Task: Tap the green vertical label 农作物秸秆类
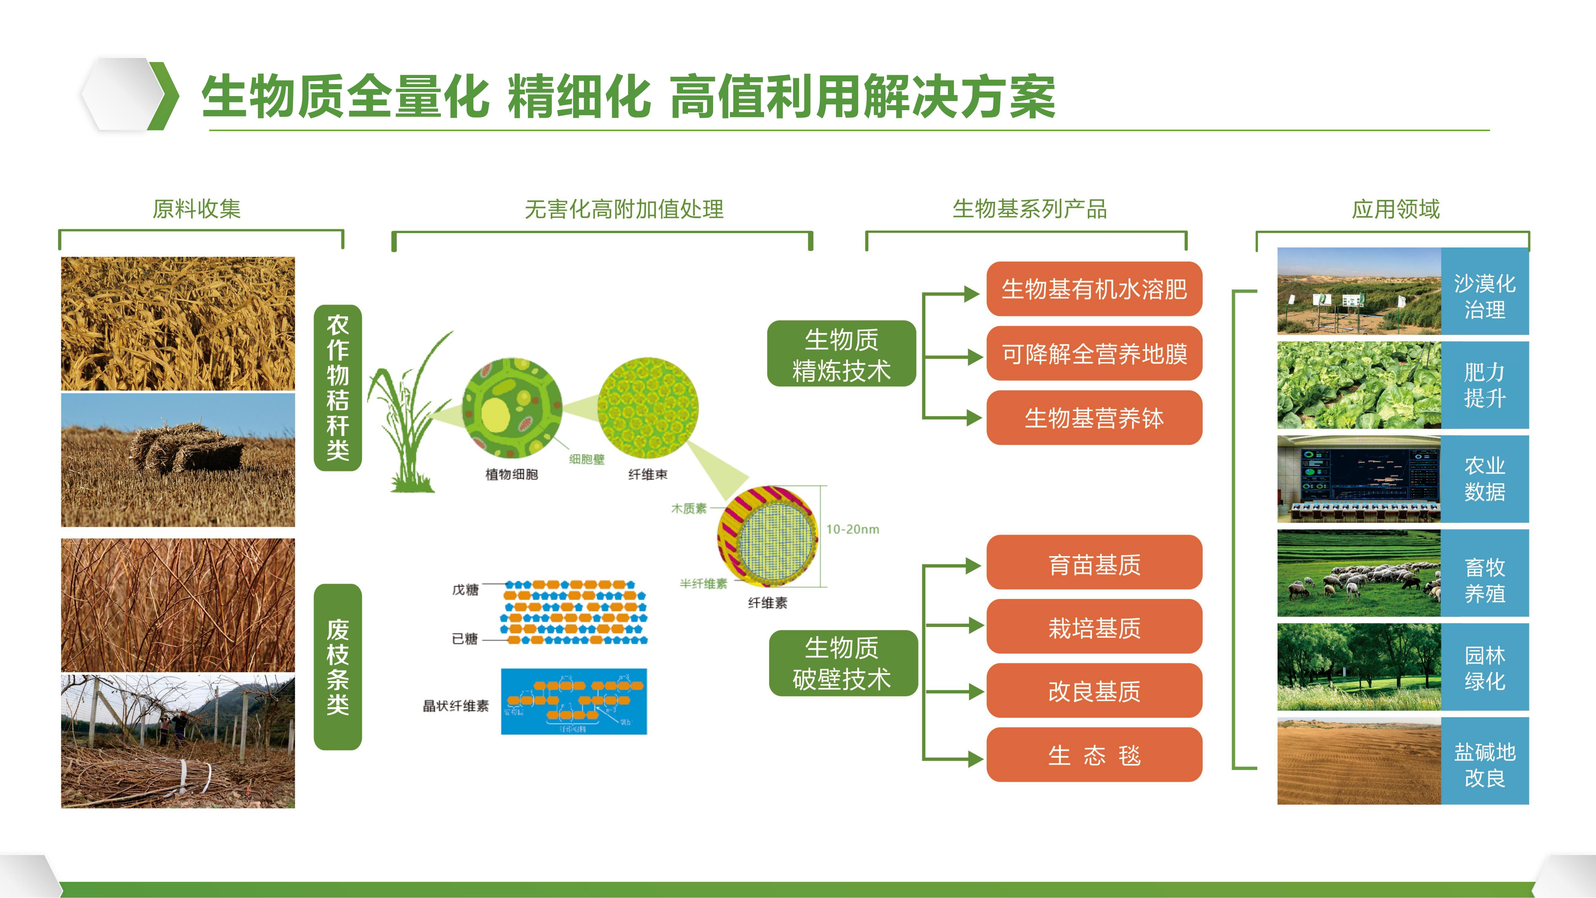coord(338,387)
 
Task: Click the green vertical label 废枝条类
coord(338,667)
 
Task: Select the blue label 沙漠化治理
coord(1484,291)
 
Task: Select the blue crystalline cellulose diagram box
coord(574,702)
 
